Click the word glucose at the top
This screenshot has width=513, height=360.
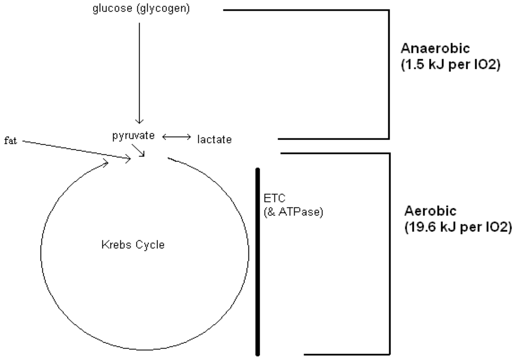tap(109, 9)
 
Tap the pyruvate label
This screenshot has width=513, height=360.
tap(133, 136)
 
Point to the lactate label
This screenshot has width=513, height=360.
tap(215, 140)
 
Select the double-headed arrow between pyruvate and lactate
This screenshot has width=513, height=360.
tap(177, 136)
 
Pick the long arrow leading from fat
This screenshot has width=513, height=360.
tap(75, 150)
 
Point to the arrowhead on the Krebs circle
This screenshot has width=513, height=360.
tap(106, 161)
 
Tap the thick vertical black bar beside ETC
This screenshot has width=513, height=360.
tap(258, 261)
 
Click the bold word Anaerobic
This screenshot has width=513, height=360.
tap(435, 49)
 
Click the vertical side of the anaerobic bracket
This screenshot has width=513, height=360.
tap(389, 74)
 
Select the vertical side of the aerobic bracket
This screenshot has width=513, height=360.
tap(389, 253)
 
